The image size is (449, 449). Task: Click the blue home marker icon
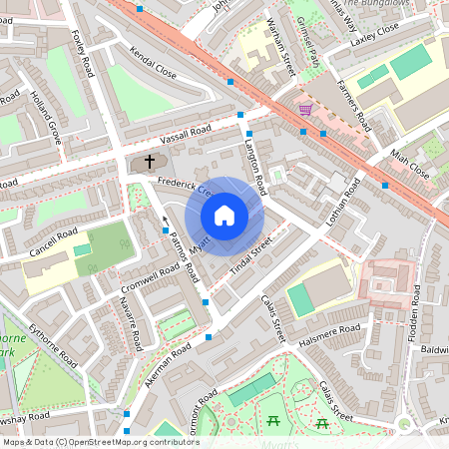[224, 215]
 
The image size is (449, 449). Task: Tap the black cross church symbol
[151, 161]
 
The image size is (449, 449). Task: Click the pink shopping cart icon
[304, 109]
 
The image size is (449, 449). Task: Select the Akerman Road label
[167, 359]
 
